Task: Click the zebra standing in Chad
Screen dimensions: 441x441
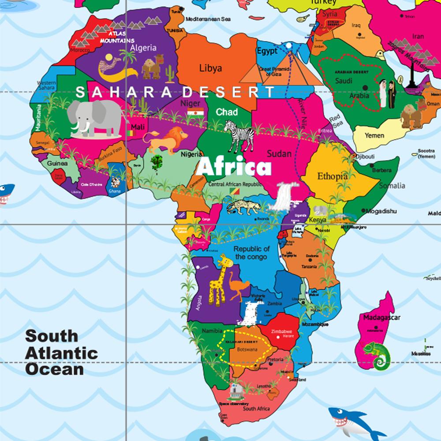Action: (x=239, y=135)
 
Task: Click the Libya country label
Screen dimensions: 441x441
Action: (x=210, y=68)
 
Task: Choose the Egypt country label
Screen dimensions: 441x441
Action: (x=267, y=51)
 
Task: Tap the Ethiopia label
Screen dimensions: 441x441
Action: (x=333, y=176)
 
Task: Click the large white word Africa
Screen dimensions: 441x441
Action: (x=234, y=167)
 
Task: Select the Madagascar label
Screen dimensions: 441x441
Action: (x=381, y=318)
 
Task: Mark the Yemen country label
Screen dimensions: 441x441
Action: (x=374, y=135)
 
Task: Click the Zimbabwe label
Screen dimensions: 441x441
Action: (x=281, y=331)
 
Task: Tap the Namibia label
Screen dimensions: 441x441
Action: (x=212, y=331)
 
